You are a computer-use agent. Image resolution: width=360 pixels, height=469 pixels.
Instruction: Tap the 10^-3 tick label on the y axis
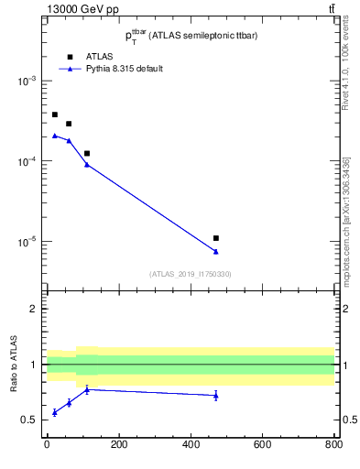coord(26,81)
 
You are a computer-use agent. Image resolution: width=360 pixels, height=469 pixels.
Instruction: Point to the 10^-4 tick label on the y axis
coord(26,161)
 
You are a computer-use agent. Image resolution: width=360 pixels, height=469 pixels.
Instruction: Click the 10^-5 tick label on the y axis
coord(26,242)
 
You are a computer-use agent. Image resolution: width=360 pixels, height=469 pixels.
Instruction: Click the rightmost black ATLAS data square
coord(216,238)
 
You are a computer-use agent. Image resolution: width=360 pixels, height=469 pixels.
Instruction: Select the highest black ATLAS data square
coord(55,115)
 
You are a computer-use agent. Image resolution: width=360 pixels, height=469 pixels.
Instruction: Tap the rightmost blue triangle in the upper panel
coord(216,251)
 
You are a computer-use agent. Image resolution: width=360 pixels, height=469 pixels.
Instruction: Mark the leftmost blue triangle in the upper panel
coord(55,136)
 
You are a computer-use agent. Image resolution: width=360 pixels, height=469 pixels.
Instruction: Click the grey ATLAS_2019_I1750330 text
coord(191,274)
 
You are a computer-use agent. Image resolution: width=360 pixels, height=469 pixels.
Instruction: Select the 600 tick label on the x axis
coord(263,445)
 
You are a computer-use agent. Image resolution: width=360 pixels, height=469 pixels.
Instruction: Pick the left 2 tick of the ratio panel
coord(36,309)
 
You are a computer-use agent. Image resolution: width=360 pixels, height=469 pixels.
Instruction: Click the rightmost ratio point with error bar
coord(216,395)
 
